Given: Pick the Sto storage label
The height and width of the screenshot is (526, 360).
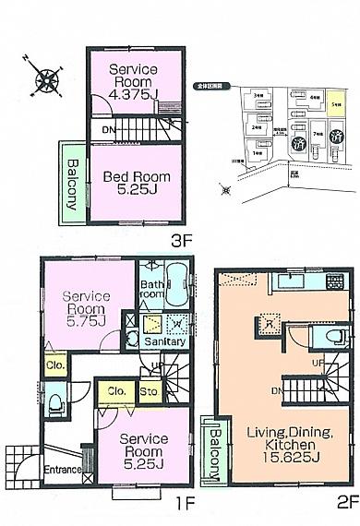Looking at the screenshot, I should (x=150, y=390).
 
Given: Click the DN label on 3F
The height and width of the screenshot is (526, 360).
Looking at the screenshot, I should (x=108, y=130).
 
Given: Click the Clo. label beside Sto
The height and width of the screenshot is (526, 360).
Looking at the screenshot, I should (x=116, y=390).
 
